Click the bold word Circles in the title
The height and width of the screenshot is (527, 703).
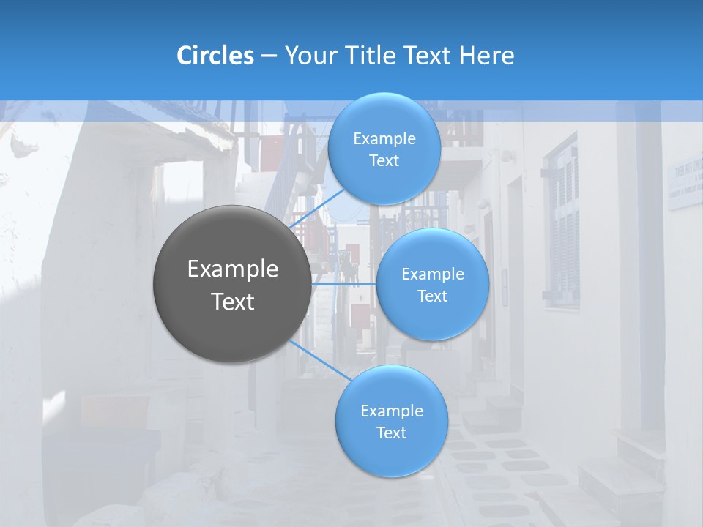click(215, 56)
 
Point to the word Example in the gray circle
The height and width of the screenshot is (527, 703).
click(233, 269)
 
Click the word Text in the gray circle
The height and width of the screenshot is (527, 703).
click(233, 302)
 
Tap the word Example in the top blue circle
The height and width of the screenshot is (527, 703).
click(384, 139)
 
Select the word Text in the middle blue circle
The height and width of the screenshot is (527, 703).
click(432, 296)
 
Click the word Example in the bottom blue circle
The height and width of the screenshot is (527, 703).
click(392, 411)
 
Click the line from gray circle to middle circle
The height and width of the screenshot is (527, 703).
click(344, 284)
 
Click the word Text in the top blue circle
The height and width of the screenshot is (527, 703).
click(384, 161)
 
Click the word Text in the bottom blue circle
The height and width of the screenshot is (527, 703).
click(391, 433)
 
